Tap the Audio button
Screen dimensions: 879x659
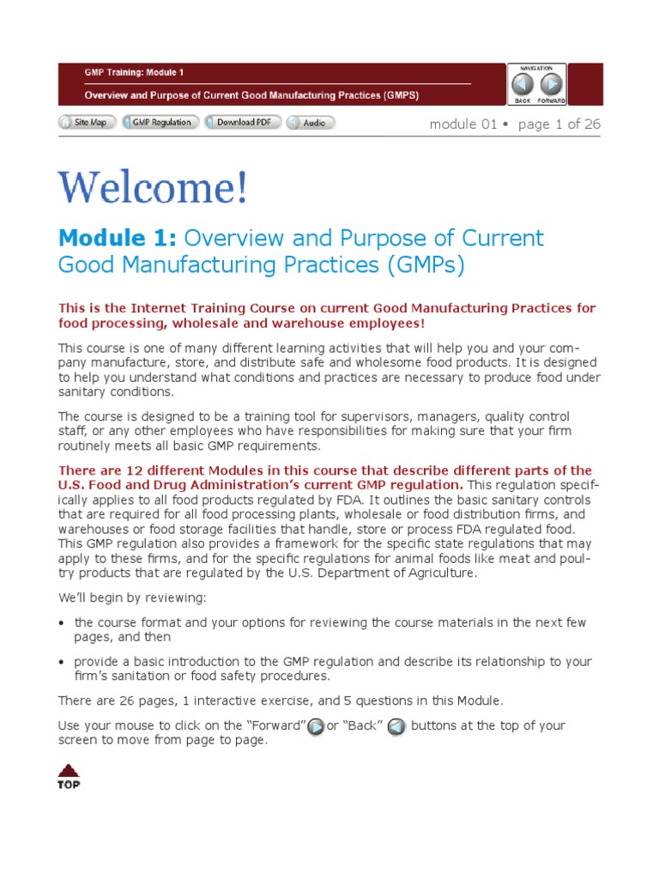click(310, 123)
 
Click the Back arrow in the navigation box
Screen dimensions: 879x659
click(523, 84)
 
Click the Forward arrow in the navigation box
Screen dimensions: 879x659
click(552, 84)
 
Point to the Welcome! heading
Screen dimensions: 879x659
click(154, 188)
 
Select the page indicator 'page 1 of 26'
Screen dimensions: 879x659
click(559, 124)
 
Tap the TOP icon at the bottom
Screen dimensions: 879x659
click(69, 775)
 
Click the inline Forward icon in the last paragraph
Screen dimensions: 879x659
click(316, 727)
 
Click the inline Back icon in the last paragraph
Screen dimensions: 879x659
click(396, 727)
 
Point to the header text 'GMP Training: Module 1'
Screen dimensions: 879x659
click(133, 73)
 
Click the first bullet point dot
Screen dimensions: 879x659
click(62, 623)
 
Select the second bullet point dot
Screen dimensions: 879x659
click(62, 663)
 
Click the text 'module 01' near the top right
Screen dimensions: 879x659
click(463, 124)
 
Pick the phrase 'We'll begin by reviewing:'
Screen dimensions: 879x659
click(132, 597)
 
